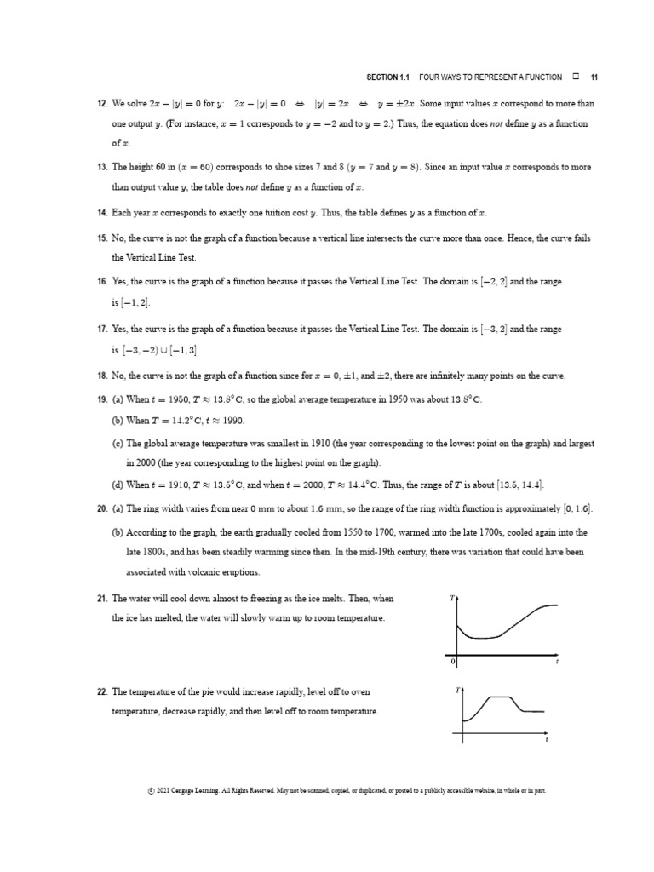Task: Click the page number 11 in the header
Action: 594,77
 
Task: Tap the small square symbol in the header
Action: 576,77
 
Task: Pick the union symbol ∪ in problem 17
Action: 162,349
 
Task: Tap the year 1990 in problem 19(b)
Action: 226,421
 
